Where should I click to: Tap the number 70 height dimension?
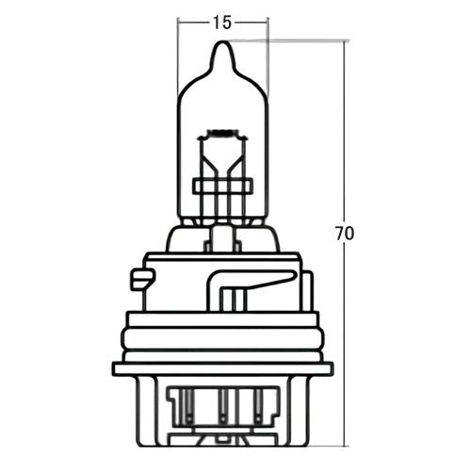point(345,233)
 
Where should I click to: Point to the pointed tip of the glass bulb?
point(222,47)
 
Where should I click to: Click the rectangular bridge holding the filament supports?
point(222,184)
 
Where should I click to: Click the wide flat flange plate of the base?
point(222,368)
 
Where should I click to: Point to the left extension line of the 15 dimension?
point(178,57)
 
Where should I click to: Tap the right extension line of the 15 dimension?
point(268,57)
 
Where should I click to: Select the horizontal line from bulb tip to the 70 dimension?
point(292,41)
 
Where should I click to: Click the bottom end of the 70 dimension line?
point(345,444)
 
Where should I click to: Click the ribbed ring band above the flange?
point(222,335)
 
